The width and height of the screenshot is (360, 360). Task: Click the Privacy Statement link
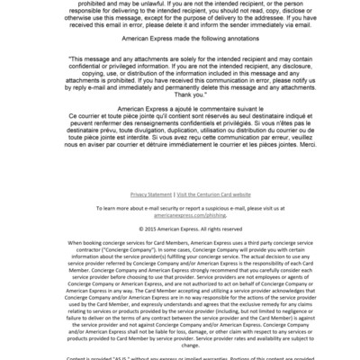click(150, 193)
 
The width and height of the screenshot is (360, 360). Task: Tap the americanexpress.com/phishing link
click(180, 216)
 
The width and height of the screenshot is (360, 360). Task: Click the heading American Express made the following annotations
click(180, 48)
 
